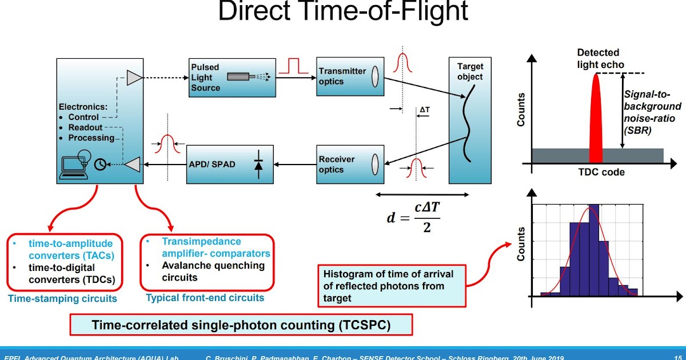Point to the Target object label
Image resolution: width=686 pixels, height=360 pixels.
click(x=470, y=72)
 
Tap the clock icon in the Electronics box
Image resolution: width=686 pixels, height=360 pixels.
click(x=100, y=163)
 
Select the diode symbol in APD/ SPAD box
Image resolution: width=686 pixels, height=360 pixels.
click(x=258, y=165)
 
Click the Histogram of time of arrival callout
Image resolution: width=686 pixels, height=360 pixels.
click(x=392, y=286)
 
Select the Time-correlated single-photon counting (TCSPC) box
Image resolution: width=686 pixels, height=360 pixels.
click(x=241, y=326)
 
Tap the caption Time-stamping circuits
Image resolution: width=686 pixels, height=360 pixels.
click(x=62, y=298)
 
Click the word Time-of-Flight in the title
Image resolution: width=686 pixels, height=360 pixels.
click(x=395, y=11)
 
